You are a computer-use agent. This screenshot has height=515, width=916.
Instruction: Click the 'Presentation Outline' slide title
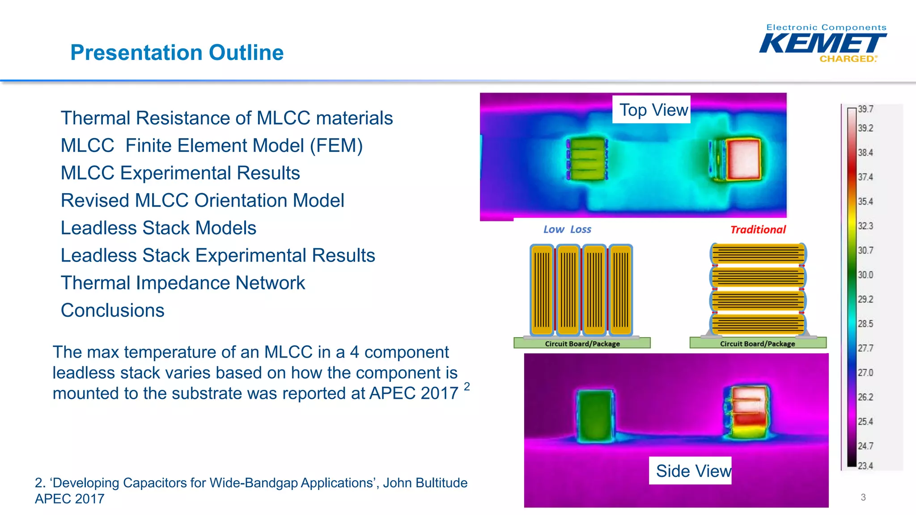[177, 53]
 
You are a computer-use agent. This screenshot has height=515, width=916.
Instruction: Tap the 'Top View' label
[653, 110]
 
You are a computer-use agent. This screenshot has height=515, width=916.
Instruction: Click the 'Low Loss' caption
[567, 229]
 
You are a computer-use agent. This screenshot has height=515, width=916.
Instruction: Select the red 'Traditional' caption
[758, 230]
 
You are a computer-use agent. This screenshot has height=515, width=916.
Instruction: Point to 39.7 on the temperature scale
[865, 109]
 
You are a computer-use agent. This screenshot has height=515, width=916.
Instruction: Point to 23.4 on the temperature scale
[865, 465]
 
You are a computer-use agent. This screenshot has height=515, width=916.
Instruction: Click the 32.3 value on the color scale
[865, 226]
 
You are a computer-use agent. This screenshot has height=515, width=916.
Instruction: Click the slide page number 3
[863, 497]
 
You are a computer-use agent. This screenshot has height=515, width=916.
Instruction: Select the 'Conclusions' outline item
[113, 310]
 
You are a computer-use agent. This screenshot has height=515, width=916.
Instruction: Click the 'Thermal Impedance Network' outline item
[182, 283]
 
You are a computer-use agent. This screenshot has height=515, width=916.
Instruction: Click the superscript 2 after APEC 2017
[466, 386]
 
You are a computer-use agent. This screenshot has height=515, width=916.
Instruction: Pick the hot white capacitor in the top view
[742, 159]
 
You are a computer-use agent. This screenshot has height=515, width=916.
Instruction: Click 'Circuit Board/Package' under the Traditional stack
[757, 344]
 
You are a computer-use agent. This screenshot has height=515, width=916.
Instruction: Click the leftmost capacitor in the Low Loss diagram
[542, 290]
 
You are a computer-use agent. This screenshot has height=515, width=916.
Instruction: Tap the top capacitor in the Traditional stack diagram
[758, 254]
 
